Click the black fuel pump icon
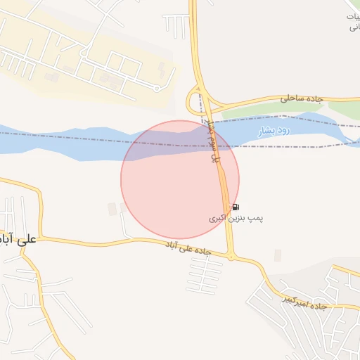(x=236, y=207)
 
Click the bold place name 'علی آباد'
(x=18, y=239)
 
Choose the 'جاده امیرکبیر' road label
(x=305, y=302)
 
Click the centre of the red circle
(x=180, y=179)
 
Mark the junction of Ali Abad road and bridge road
(x=231, y=257)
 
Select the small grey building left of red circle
(x=112, y=209)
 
